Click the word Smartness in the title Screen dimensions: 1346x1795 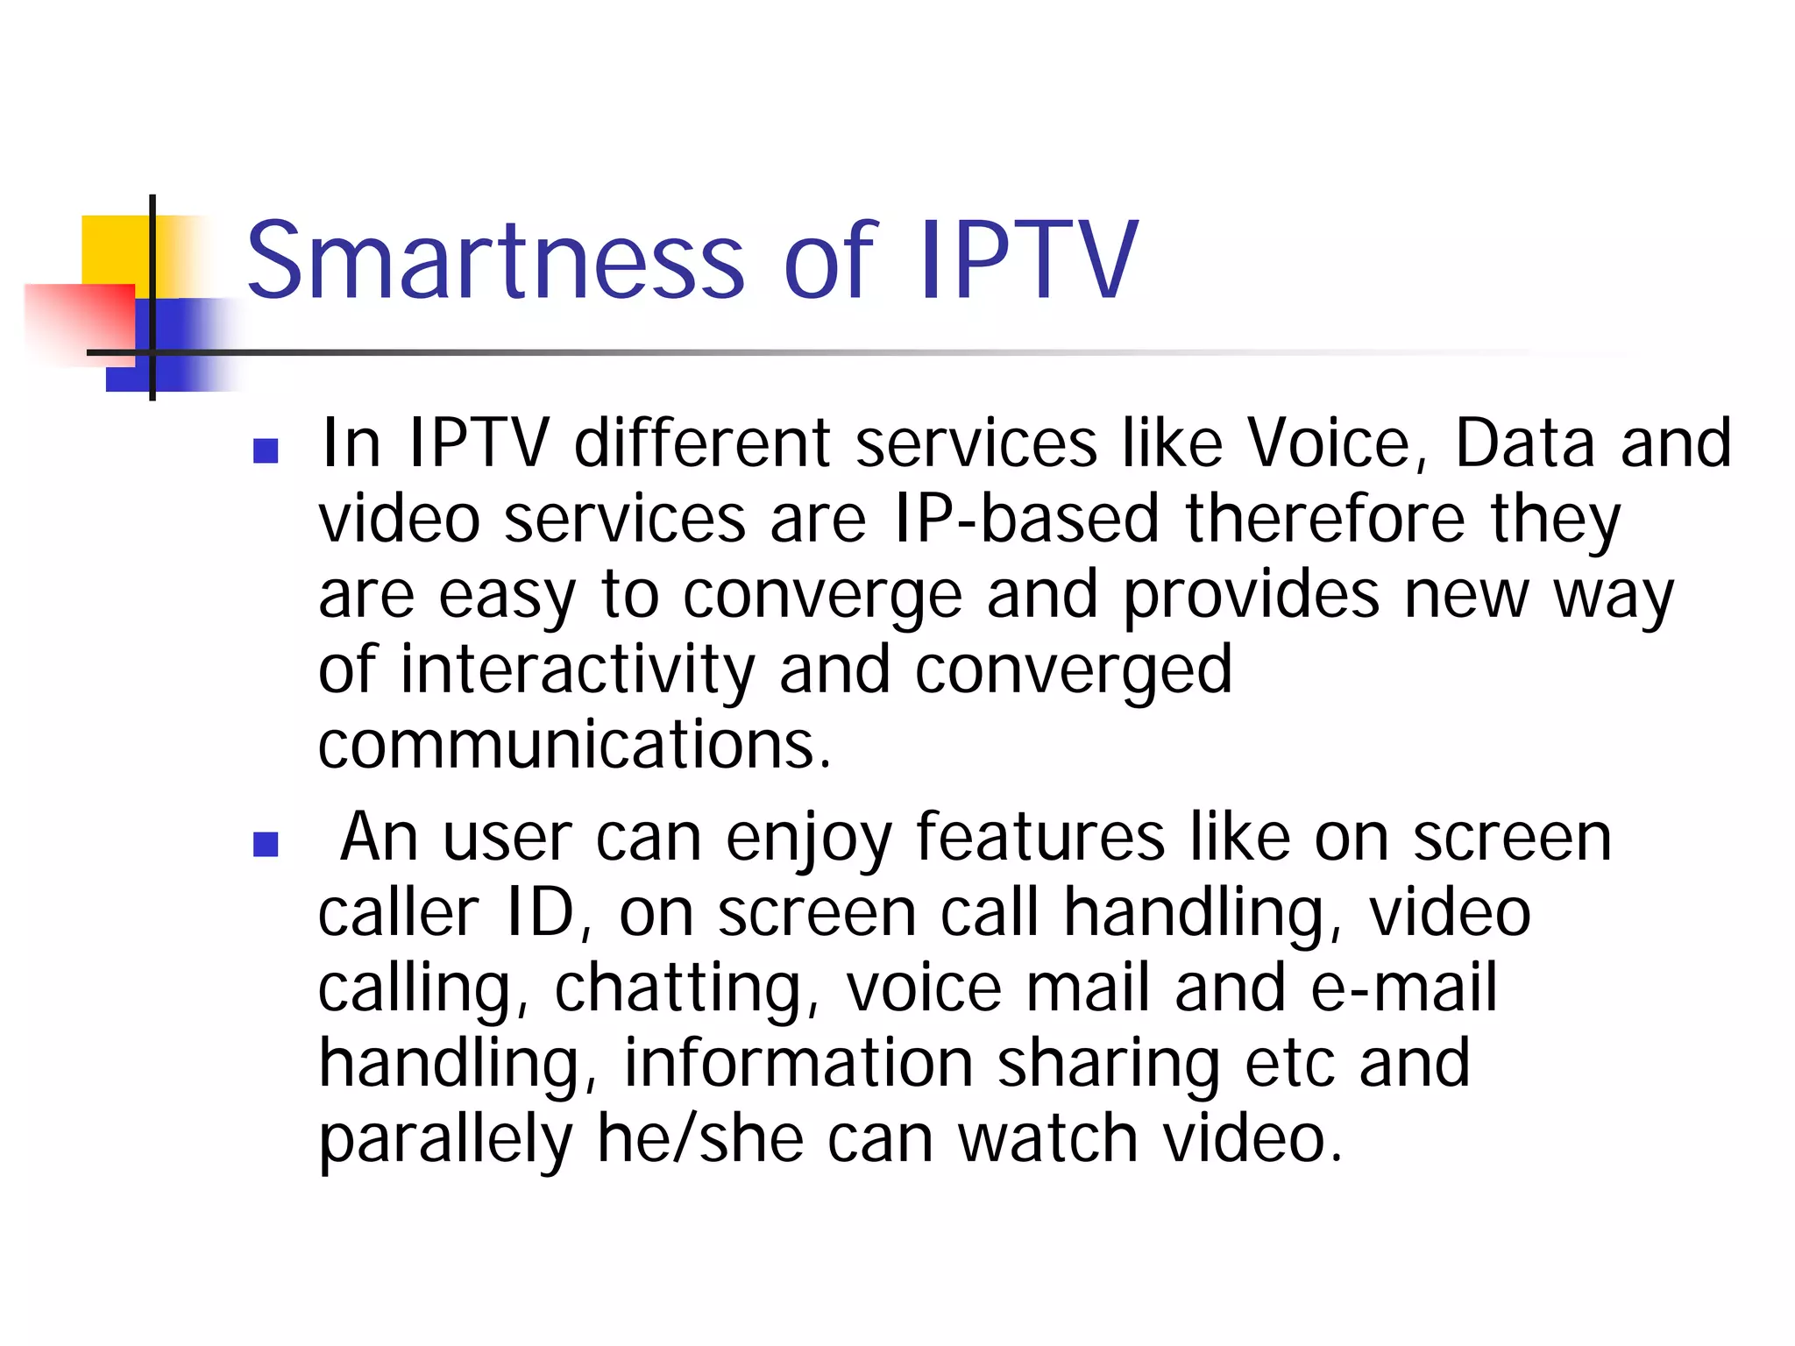point(495,260)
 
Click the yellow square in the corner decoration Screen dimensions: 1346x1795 point(114,249)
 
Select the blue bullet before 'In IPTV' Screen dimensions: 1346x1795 point(266,450)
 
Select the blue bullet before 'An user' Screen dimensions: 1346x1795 point(266,844)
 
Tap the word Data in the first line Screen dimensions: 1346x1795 point(1524,443)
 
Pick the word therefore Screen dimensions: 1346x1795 point(1325,519)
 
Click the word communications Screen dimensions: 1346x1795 point(574,745)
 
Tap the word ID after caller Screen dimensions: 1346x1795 point(540,913)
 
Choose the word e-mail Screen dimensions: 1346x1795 point(1403,988)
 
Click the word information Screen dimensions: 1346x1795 point(798,1064)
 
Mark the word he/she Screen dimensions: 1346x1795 point(699,1139)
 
